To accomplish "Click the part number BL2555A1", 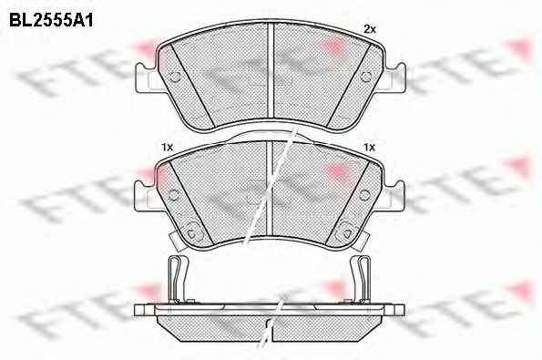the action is coord(51,20).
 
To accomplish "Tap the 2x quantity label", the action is coord(370,30).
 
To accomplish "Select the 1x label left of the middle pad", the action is coord(167,148).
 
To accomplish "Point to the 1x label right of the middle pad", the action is coord(369,148).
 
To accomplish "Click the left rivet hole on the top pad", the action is coord(175,77).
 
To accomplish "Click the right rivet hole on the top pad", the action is coord(365,77).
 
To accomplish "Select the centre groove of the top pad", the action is coord(271,71).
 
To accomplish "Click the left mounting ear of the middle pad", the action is coord(146,196).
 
